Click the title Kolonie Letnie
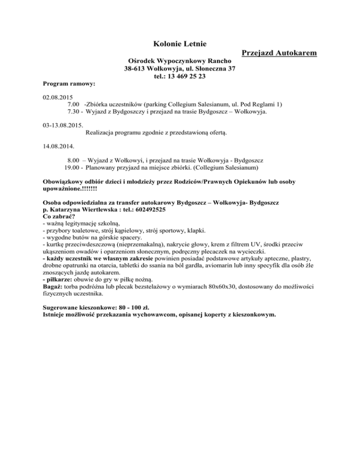tap(180, 44)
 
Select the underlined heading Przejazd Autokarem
tap(279, 53)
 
